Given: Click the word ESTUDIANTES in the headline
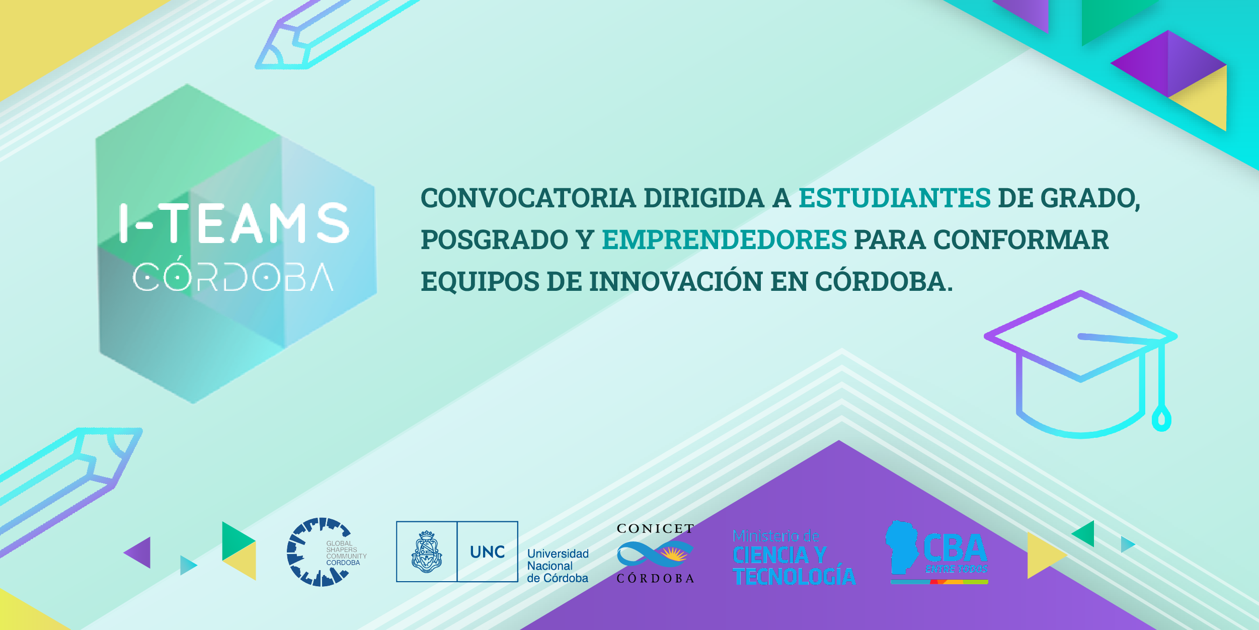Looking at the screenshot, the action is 895,198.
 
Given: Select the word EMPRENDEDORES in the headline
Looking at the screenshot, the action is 725,240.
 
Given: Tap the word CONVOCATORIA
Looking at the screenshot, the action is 528,198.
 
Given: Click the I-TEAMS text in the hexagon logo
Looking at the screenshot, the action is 234,223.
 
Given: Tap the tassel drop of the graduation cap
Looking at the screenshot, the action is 1161,418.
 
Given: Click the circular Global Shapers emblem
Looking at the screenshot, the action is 319,552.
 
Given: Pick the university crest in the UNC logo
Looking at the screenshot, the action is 427,552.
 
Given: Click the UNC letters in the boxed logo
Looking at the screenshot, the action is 488,552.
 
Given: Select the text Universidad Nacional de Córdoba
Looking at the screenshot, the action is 558,566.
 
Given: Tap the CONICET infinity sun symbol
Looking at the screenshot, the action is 655,554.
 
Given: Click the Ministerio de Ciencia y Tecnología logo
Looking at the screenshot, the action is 794,558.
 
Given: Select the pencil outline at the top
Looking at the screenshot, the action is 336,34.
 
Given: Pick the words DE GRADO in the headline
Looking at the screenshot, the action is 1069,198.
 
